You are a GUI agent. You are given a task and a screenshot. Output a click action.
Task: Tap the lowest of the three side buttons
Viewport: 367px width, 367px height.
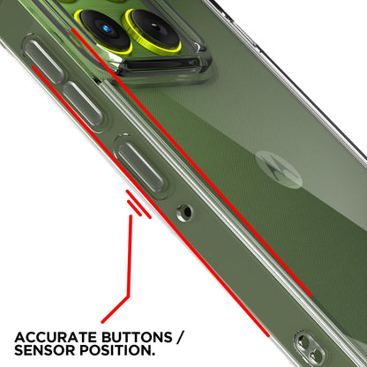(x=141, y=166)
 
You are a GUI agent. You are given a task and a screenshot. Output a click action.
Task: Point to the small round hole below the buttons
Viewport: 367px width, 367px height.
(x=185, y=213)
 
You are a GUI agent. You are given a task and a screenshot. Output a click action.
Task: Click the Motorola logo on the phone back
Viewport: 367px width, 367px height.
(x=279, y=169)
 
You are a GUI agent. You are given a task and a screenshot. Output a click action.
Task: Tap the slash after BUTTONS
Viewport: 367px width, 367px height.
(x=180, y=337)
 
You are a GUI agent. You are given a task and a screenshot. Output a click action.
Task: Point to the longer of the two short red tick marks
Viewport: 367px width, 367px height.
(x=139, y=205)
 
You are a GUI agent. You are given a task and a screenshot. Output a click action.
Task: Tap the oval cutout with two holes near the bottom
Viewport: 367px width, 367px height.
(x=310, y=348)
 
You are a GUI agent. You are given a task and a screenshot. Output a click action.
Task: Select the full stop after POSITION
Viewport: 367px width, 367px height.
(x=153, y=355)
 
